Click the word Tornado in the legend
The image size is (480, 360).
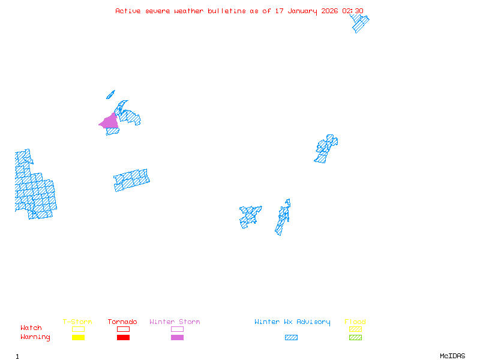(122, 322)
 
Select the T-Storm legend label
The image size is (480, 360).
(77, 322)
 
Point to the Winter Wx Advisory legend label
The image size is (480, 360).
(292, 322)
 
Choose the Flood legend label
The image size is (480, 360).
(355, 322)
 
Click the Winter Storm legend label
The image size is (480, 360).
(175, 322)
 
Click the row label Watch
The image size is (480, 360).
(31, 328)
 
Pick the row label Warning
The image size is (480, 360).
(35, 337)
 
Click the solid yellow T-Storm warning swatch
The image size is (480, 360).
(78, 338)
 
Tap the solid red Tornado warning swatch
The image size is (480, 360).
(123, 338)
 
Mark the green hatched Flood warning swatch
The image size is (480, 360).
(355, 338)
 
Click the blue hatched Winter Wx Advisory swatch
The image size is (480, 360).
(291, 338)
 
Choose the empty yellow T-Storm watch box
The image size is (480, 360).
(78, 329)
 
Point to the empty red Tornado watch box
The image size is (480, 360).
(123, 329)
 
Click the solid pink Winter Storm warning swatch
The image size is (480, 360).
(177, 338)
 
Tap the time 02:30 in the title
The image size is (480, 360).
(353, 11)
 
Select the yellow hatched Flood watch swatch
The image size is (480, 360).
(355, 329)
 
